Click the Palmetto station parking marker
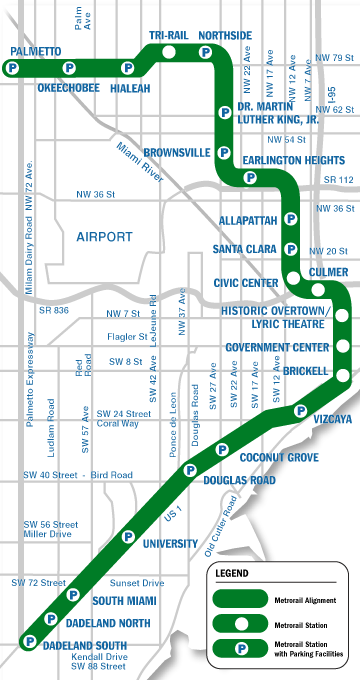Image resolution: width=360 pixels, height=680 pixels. pyautogui.click(x=11, y=68)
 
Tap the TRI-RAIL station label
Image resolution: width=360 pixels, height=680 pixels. pyautogui.click(x=169, y=35)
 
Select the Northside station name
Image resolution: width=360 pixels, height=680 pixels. pyautogui.click(x=225, y=35)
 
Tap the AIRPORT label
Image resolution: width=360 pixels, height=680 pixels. pyautogui.click(x=104, y=237)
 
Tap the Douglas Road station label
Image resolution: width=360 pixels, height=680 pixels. pyautogui.click(x=238, y=480)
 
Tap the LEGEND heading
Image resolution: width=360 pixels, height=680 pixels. pyautogui.click(x=235, y=574)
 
